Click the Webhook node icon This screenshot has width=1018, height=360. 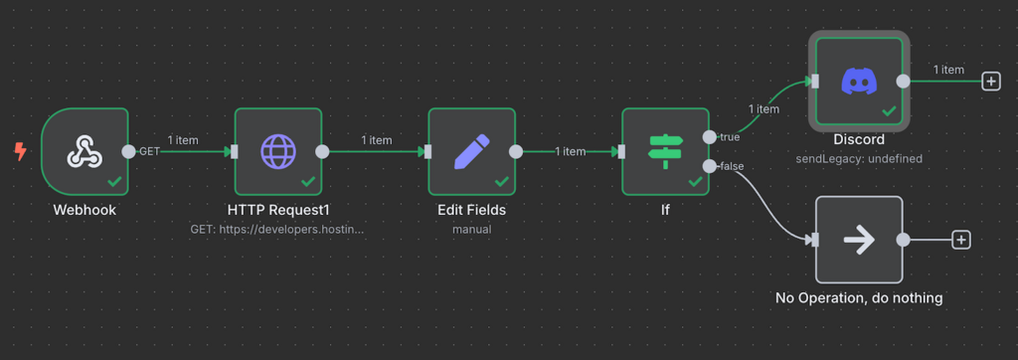click(85, 151)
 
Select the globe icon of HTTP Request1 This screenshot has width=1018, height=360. click(278, 151)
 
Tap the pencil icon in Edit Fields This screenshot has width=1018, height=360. click(471, 151)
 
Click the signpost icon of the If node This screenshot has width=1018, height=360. click(665, 151)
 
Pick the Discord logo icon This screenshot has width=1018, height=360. click(858, 81)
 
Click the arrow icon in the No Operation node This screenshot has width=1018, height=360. click(858, 239)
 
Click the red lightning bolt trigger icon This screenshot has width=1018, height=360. click(20, 151)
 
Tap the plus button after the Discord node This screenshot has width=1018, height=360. click(990, 82)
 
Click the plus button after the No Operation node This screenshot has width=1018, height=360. click(961, 240)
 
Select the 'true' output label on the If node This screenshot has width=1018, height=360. click(730, 136)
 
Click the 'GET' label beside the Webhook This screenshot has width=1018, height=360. click(149, 151)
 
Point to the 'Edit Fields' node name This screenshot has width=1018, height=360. click(471, 210)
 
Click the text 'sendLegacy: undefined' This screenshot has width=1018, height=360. click(858, 158)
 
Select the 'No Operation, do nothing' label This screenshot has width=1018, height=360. click(858, 297)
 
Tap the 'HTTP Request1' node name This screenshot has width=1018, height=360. click(278, 210)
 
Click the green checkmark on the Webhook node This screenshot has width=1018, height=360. click(114, 182)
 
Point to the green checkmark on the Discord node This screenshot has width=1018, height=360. click(889, 111)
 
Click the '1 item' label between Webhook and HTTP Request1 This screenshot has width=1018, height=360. click(183, 140)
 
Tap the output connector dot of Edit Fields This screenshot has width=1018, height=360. click(515, 151)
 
